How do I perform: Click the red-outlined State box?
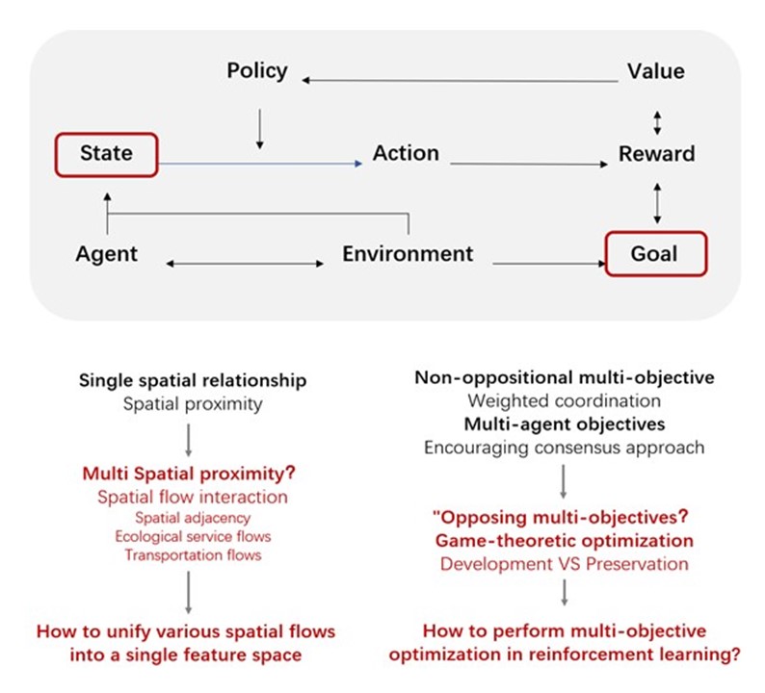(x=106, y=154)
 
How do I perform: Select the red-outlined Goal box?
(x=654, y=254)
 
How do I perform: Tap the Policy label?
(x=257, y=70)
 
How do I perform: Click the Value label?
(x=655, y=70)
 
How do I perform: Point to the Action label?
(x=406, y=153)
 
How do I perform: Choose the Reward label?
(x=656, y=153)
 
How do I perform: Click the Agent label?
(x=106, y=254)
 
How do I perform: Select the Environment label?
(x=409, y=254)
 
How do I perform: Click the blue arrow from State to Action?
(x=260, y=165)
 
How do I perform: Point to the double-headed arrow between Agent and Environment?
(x=247, y=263)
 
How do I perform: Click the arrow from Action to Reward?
(x=525, y=165)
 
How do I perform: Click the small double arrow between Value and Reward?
(x=657, y=121)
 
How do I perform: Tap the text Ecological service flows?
(x=193, y=536)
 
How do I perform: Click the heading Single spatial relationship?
(x=193, y=380)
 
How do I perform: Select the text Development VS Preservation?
(x=565, y=563)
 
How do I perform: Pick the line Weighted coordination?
(x=565, y=400)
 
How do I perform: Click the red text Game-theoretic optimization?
(x=565, y=540)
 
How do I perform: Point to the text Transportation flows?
(x=193, y=554)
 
